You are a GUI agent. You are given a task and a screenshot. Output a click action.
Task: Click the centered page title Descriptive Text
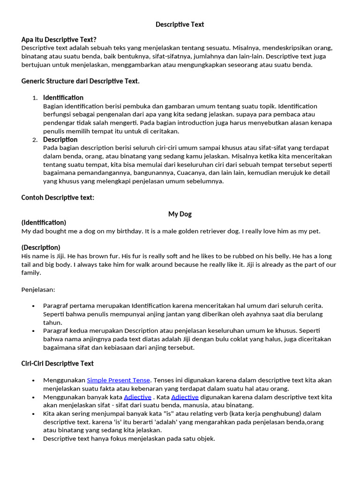point(180,24)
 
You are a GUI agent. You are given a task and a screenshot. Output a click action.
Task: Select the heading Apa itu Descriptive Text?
point(59,39)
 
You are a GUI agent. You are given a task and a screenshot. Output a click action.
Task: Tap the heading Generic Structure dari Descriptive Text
point(80,81)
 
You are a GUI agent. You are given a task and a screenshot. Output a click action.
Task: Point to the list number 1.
point(35,98)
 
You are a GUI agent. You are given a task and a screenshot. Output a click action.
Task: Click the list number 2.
point(35,140)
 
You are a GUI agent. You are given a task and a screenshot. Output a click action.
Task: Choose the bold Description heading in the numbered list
point(60,140)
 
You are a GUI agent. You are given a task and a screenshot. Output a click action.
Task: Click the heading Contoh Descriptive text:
point(58,197)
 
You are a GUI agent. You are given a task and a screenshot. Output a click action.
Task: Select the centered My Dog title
point(180,214)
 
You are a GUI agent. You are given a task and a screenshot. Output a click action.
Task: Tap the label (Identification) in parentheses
point(44,222)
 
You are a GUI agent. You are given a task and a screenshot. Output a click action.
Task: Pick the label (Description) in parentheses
point(41,247)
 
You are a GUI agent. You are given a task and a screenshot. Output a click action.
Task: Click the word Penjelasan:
point(38,290)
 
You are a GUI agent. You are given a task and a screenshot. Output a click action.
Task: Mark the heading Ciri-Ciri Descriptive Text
point(57,363)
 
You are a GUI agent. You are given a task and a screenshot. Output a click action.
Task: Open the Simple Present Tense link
point(119,380)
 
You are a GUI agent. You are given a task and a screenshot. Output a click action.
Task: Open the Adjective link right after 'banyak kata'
point(137,397)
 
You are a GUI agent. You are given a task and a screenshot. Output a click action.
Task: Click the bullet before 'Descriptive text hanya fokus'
point(33,439)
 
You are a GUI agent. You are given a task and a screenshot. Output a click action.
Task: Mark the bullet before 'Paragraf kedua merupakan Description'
point(33,331)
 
